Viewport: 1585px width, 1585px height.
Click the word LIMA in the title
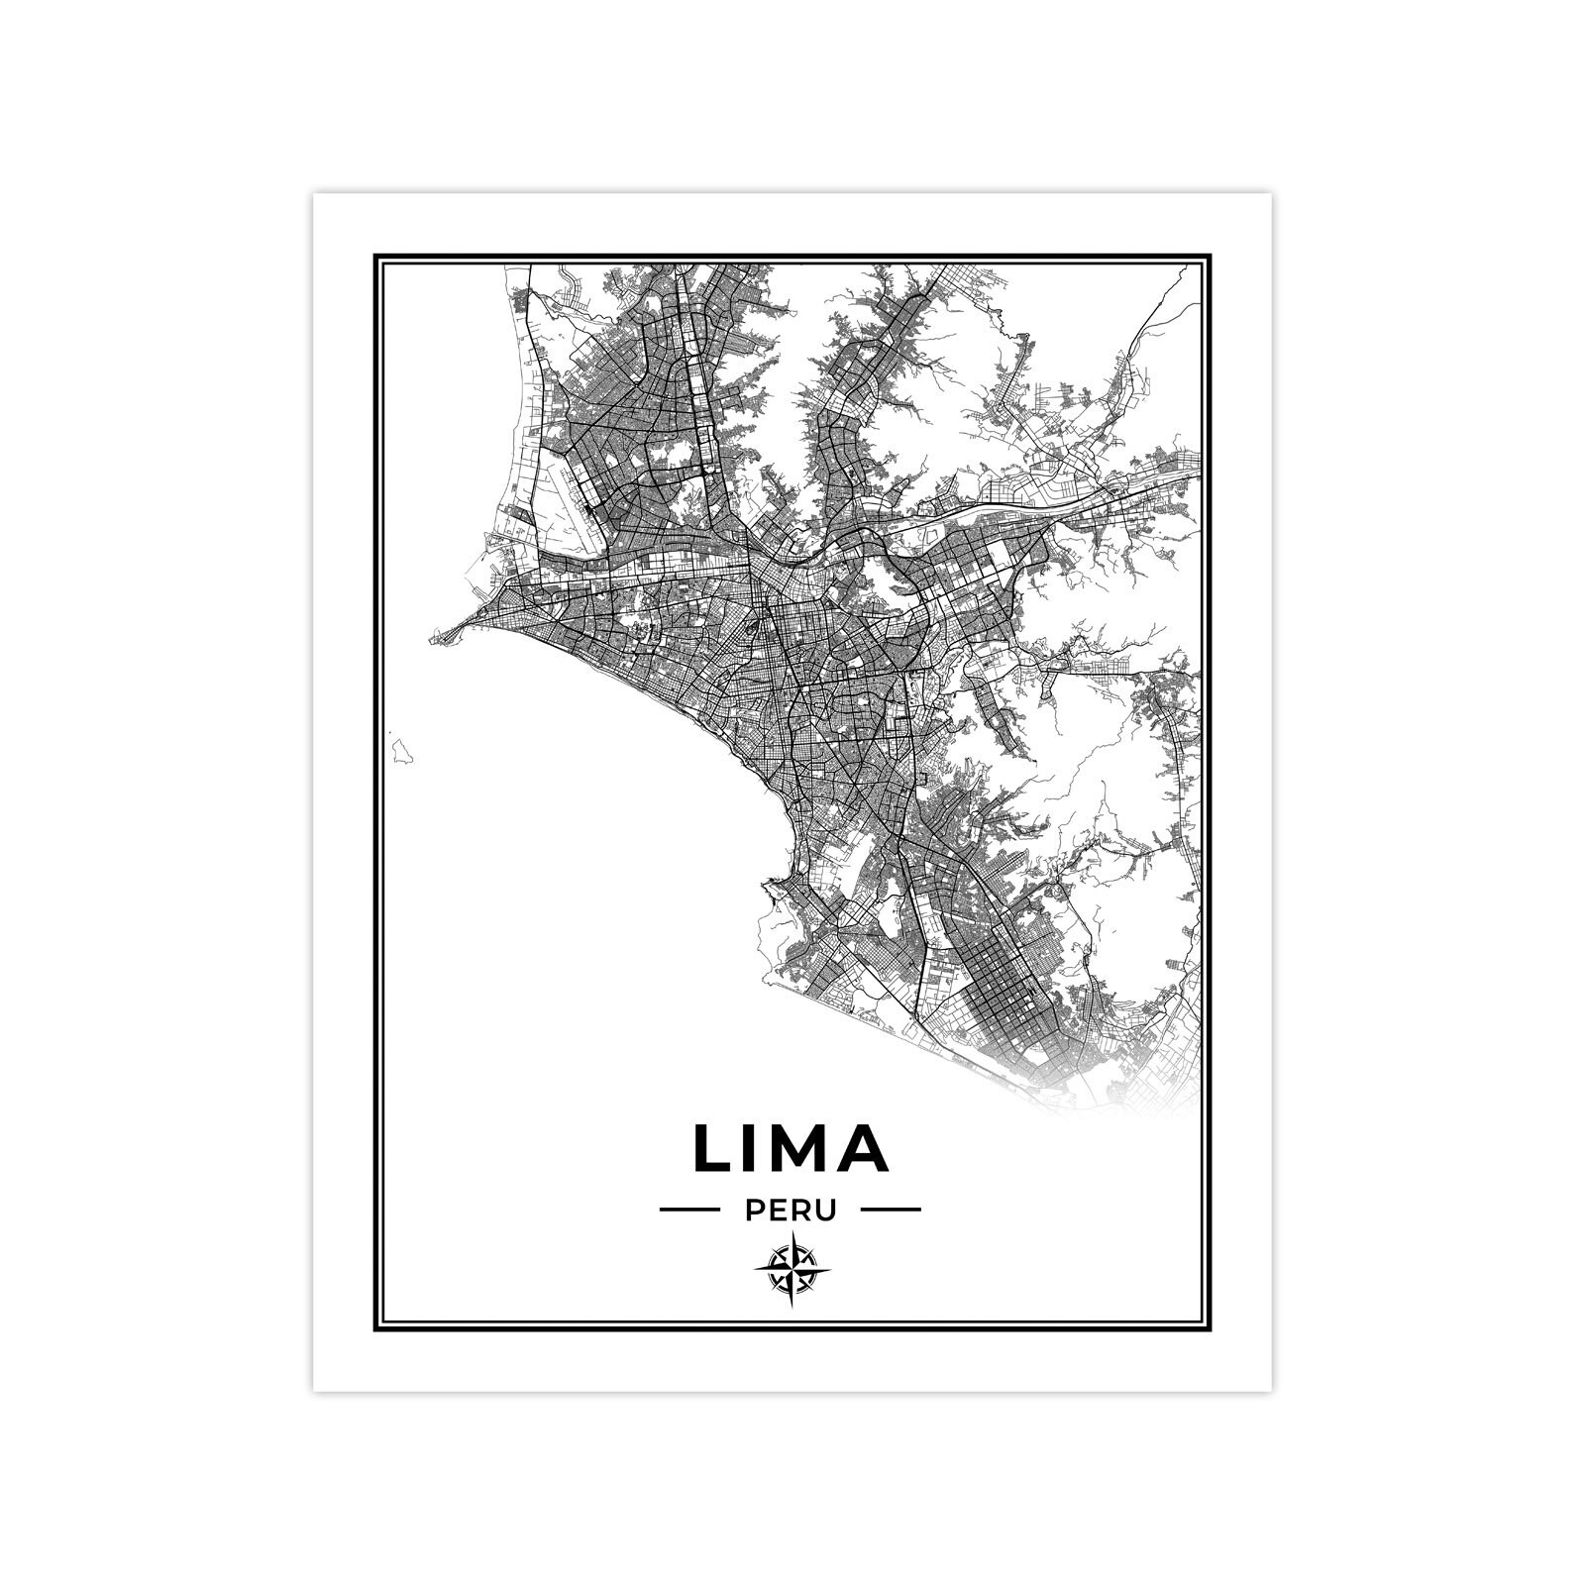[x=791, y=1148]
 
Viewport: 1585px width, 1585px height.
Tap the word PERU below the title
[x=791, y=1210]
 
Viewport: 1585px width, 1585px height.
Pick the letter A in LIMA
[x=863, y=1148]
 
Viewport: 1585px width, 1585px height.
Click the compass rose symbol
[x=792, y=1269]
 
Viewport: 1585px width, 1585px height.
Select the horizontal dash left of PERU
[x=689, y=1210]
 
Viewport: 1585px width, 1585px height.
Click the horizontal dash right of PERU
[x=892, y=1210]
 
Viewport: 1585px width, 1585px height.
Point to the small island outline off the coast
[x=401, y=749]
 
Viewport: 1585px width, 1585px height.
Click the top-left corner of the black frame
[x=376, y=257]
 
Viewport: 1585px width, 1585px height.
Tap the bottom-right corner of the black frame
[x=1211, y=1328]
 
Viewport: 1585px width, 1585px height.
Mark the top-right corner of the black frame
[x=1211, y=257]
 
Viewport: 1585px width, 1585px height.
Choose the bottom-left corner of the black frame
[x=376, y=1328]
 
